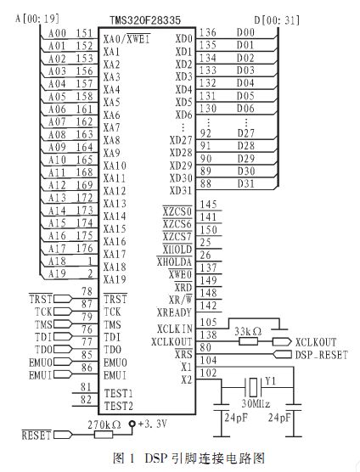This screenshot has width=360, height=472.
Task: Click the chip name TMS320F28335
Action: (x=145, y=20)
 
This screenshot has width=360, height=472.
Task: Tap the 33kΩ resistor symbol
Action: (x=248, y=341)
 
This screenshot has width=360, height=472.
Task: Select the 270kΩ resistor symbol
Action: (x=104, y=435)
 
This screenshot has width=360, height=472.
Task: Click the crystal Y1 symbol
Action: (x=253, y=387)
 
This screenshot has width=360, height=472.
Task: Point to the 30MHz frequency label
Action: (x=256, y=403)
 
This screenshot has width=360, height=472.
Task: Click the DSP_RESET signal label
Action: (x=321, y=355)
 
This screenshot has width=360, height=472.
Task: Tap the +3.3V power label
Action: (x=153, y=424)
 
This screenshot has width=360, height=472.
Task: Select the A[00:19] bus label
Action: (x=37, y=19)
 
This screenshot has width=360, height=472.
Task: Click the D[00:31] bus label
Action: (x=277, y=20)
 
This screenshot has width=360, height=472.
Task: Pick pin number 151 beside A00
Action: (x=84, y=33)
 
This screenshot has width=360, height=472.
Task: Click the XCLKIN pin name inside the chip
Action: (x=175, y=329)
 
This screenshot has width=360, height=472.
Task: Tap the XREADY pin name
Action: (x=174, y=312)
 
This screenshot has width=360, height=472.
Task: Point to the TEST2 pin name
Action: (x=119, y=406)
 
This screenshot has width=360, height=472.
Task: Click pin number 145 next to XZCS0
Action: (x=209, y=205)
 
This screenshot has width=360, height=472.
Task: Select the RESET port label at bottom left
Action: (x=37, y=435)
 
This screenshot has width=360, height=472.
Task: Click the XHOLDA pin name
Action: (x=174, y=262)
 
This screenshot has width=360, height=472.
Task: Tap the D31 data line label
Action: (x=246, y=183)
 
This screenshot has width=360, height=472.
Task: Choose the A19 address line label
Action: (x=57, y=273)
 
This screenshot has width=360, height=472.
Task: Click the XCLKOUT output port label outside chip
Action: (x=316, y=342)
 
